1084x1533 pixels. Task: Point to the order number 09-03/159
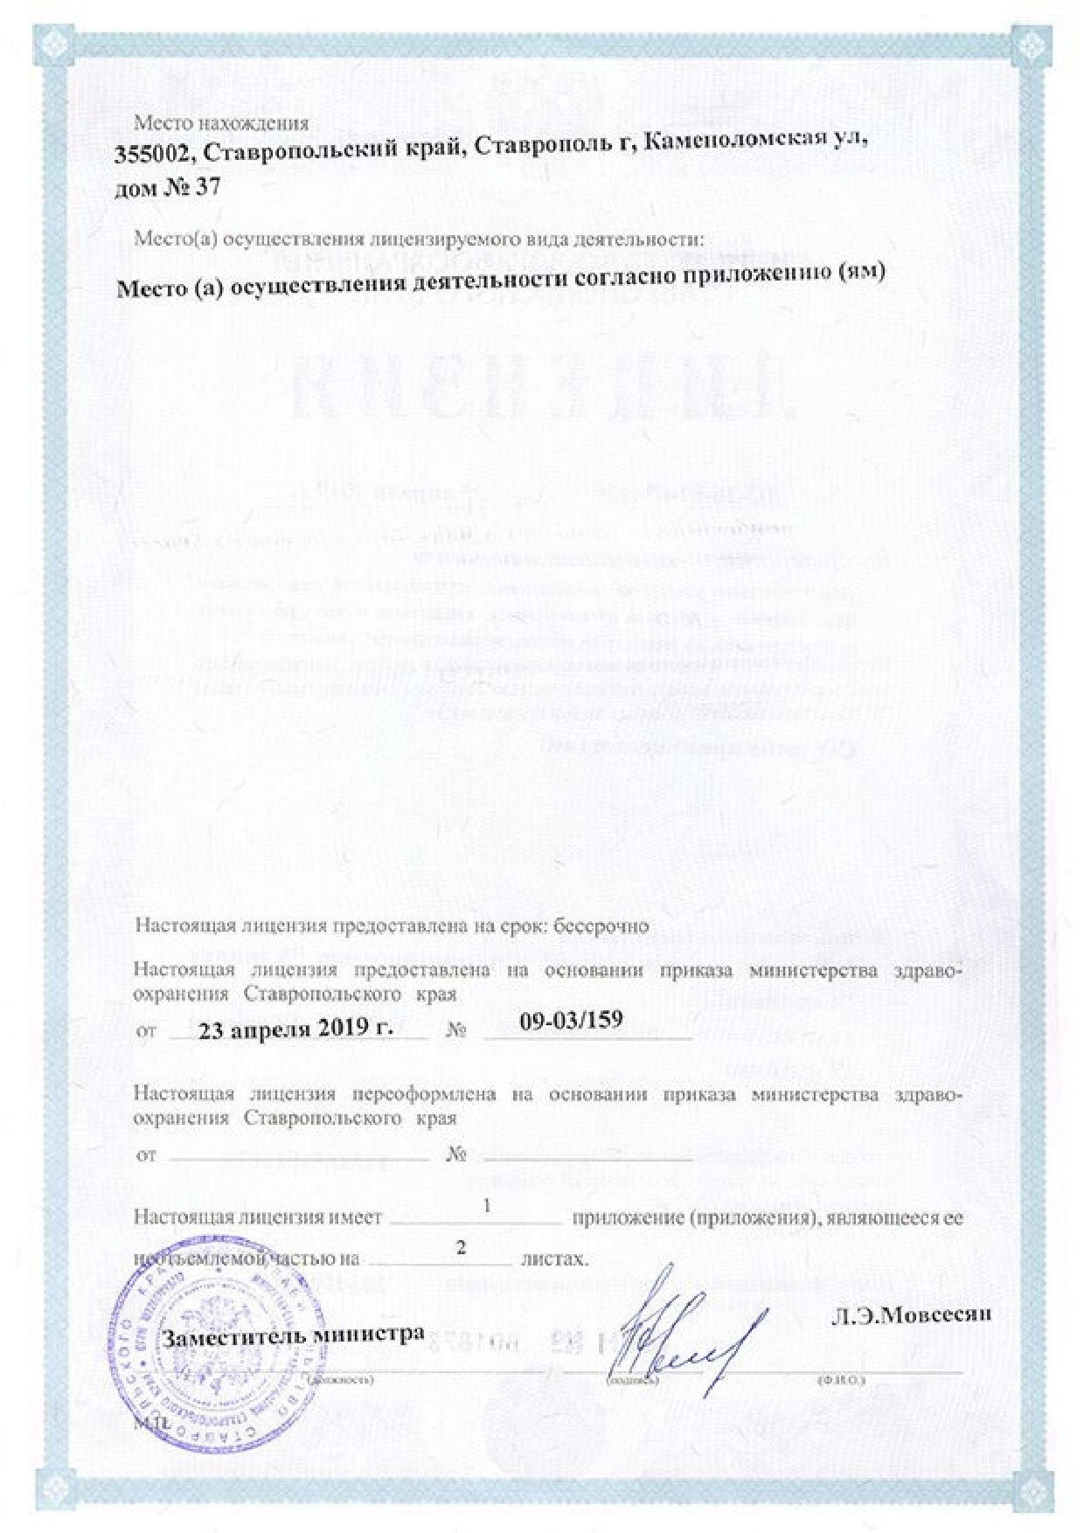point(571,1019)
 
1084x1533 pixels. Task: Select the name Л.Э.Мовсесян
point(910,1315)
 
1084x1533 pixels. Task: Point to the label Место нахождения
point(220,123)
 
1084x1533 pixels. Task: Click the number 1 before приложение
point(486,1206)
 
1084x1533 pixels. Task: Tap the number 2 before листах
point(462,1247)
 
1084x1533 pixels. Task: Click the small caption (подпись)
point(632,1380)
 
